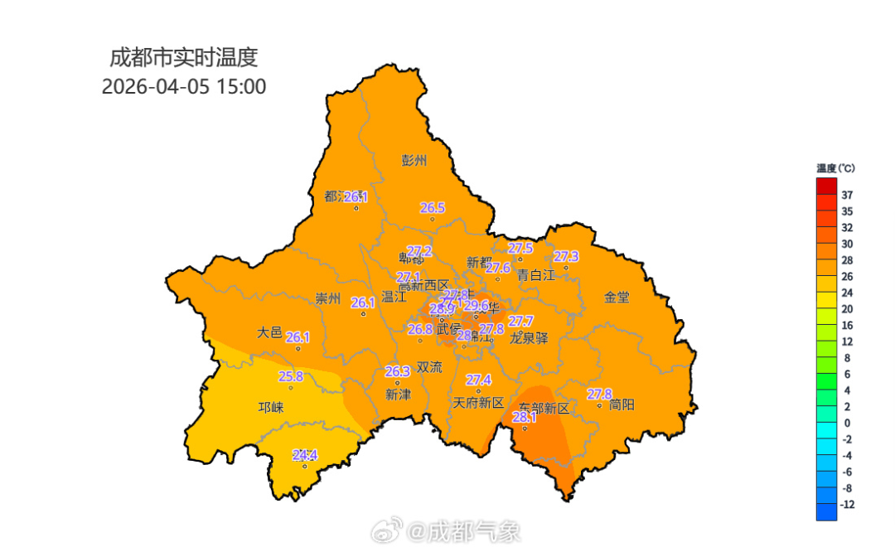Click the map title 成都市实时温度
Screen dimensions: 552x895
[x=184, y=58]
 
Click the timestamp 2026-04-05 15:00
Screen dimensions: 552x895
[x=184, y=86]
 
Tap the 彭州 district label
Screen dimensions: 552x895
[x=414, y=161]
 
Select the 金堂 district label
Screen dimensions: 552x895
[x=617, y=297]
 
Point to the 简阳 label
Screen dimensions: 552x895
[x=622, y=404]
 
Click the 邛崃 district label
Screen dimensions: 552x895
[x=270, y=408]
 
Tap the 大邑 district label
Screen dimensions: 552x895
[x=269, y=332]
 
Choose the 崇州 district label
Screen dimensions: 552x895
[x=328, y=299]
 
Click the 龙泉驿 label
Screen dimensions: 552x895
[x=529, y=337]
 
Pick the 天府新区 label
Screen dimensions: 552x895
[x=478, y=404]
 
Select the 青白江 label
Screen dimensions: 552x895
[x=535, y=274]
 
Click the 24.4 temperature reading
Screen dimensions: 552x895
[x=305, y=455]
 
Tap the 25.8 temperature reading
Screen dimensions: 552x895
[x=290, y=376]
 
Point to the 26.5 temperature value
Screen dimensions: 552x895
[x=433, y=208]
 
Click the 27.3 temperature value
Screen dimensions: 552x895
[x=566, y=256]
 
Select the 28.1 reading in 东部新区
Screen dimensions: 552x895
[x=525, y=418]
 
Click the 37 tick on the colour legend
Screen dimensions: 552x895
[x=847, y=195]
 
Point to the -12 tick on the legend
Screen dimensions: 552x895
[x=847, y=505]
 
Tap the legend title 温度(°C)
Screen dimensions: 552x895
[x=835, y=168]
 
